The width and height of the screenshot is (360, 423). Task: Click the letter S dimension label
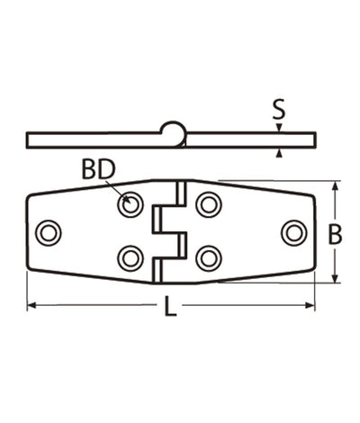(x=279, y=112)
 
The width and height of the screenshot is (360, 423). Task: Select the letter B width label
(x=335, y=236)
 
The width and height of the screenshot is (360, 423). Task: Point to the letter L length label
(x=170, y=309)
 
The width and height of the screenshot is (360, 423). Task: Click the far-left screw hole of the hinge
(x=49, y=232)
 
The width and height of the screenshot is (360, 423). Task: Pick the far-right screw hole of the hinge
(x=293, y=232)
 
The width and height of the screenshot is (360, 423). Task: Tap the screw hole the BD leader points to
(x=131, y=205)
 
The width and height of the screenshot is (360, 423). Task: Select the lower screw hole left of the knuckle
(x=131, y=259)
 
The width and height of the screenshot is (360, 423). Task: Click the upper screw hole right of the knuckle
(x=209, y=205)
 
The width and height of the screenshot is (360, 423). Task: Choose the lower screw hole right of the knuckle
(x=209, y=259)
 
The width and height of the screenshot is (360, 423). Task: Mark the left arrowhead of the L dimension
(x=32, y=306)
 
